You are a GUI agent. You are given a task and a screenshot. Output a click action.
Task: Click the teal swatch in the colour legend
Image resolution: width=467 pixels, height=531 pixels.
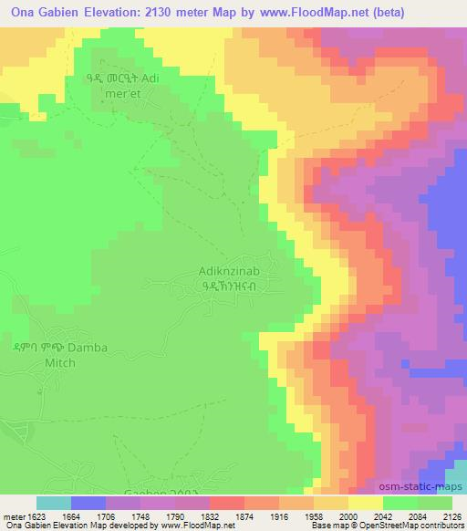pyautogui.click(x=54, y=503)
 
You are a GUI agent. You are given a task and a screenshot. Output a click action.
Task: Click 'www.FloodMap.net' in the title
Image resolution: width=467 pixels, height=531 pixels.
pyautogui.click(x=295, y=14)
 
